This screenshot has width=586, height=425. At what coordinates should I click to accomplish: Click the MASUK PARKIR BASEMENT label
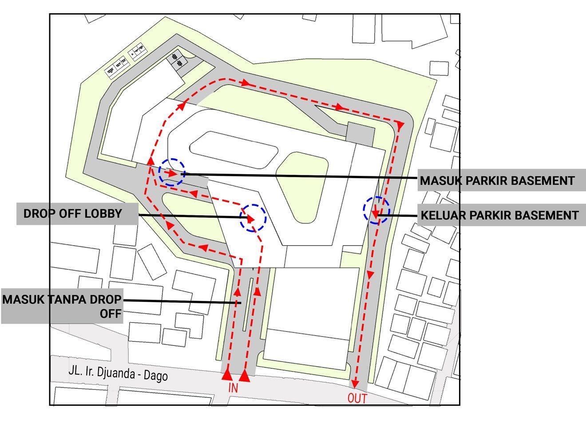[497, 181]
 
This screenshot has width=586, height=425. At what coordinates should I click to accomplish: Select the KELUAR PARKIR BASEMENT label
[499, 215]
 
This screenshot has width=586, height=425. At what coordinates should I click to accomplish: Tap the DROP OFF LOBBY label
[72, 214]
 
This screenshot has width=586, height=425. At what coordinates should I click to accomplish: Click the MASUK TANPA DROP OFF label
[62, 306]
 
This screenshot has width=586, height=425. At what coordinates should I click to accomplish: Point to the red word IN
[234, 388]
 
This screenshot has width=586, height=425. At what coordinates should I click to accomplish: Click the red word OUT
[357, 398]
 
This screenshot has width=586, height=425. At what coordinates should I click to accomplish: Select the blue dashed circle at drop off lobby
[253, 218]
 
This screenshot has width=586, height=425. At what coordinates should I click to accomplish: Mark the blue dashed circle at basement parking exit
[376, 210]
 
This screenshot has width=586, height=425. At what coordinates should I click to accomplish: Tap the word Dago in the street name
[157, 376]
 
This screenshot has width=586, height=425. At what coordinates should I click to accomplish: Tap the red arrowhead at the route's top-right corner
[400, 126]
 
